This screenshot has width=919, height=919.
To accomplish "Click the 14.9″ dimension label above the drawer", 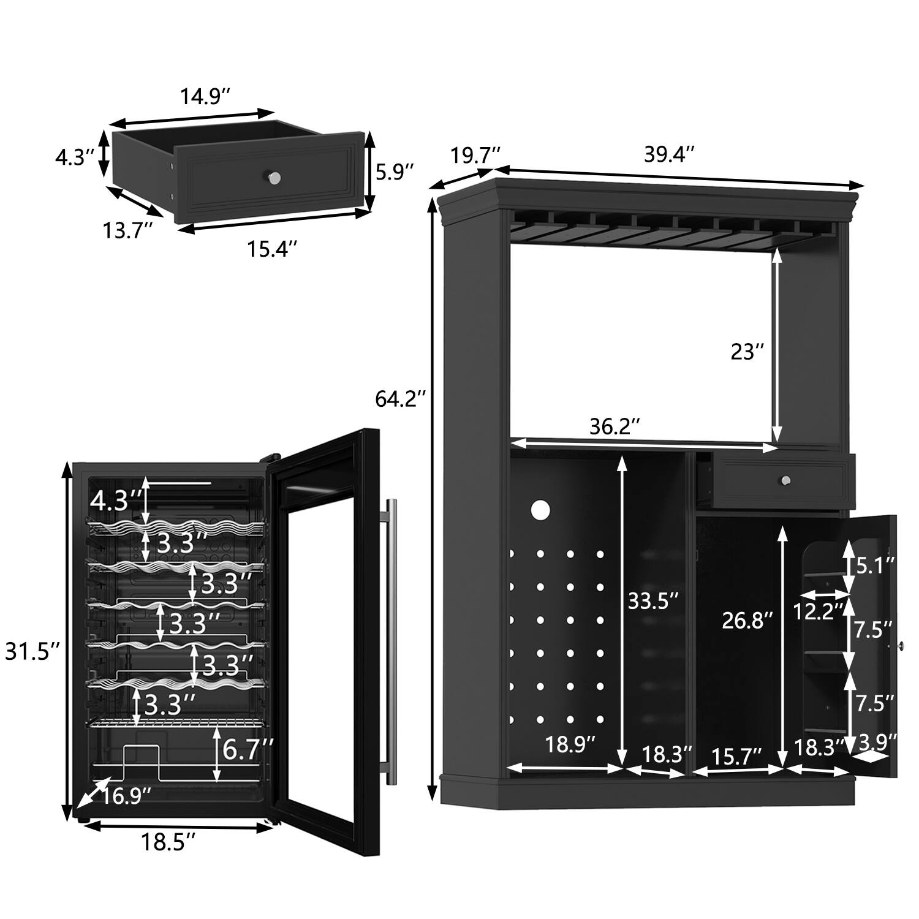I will tap(205, 96).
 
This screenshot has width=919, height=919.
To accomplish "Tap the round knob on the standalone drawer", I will tap(274, 177).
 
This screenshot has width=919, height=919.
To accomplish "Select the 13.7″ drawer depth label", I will tap(127, 231).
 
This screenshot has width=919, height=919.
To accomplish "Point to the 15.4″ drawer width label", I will tap(273, 249).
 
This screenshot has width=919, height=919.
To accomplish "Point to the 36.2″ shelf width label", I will tap(615, 426).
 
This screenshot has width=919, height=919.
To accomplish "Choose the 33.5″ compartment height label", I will tap(652, 602).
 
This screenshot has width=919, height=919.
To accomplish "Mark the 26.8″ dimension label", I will tap(743, 621).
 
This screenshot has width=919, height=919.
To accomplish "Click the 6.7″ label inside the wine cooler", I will tap(247, 749).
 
